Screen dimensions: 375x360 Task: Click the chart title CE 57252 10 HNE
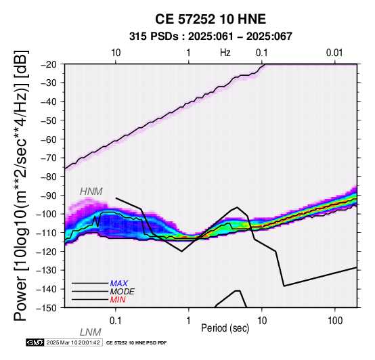click(211, 19)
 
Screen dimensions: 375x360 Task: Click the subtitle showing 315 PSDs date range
click(211, 37)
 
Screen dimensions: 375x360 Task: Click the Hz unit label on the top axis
click(225, 53)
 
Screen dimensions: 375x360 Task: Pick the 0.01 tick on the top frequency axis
click(334, 53)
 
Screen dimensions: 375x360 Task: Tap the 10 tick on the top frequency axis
click(116, 53)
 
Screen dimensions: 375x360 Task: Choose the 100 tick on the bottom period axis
click(335, 321)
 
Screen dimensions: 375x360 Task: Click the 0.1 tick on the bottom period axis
click(116, 321)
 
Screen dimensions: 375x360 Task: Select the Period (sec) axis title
click(225, 328)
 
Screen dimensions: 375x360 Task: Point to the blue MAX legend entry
click(119, 284)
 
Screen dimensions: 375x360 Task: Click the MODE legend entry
click(123, 292)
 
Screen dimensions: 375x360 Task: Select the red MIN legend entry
click(118, 300)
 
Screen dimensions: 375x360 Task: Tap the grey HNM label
click(91, 192)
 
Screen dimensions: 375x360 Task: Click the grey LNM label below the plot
click(91, 332)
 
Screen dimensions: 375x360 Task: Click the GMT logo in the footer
click(35, 342)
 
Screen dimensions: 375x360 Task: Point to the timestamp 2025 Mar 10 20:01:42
click(73, 342)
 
